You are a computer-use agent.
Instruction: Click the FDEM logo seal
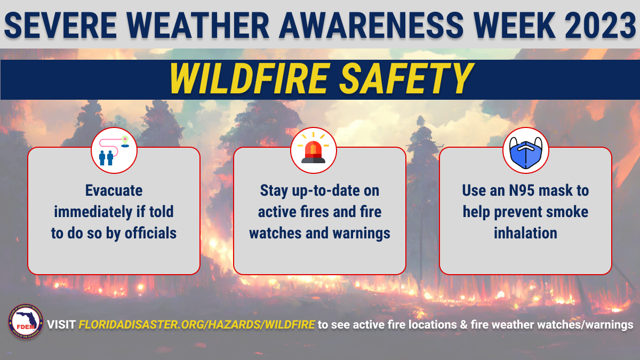[x=26, y=322]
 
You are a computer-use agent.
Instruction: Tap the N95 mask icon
[x=526, y=153]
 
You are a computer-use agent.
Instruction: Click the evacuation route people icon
[x=114, y=150]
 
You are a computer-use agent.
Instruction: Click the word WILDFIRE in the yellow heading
[x=249, y=78]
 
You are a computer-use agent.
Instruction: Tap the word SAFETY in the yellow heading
[x=406, y=78]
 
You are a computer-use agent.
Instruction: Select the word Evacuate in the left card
[x=114, y=190]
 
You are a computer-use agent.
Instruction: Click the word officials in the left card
[x=150, y=233]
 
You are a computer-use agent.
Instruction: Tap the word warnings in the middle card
[x=362, y=234]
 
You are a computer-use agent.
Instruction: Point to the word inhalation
[x=525, y=233]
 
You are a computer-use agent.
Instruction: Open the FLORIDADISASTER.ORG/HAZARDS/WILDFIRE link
[x=197, y=325]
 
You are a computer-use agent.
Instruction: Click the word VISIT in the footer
[x=61, y=325]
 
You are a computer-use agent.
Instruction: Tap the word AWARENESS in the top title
[x=371, y=25]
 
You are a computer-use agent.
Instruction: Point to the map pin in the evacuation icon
[x=125, y=141]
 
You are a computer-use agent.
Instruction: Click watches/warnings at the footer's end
[x=585, y=325]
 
